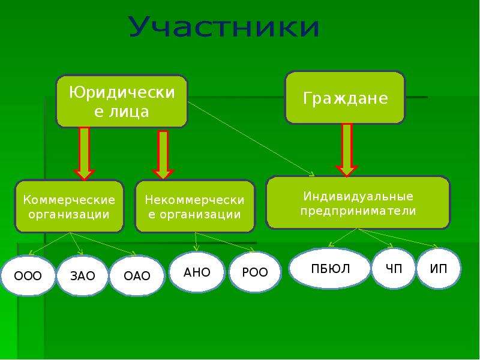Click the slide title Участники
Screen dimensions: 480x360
[224, 26]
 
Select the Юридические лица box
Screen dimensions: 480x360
[122, 101]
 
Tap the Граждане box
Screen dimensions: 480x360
[345, 98]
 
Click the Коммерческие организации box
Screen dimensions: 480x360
[69, 206]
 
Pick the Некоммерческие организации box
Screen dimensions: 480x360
[194, 206]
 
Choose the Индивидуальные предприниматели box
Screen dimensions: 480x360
[358, 203]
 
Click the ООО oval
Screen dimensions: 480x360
[28, 275]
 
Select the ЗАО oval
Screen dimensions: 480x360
[83, 275]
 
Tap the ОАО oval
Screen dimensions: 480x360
[137, 275]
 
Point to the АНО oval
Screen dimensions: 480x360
[197, 272]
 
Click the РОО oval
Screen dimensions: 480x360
[254, 272]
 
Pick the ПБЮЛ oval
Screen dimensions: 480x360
[330, 268]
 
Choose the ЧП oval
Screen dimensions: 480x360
[394, 268]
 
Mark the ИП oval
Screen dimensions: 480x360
[439, 268]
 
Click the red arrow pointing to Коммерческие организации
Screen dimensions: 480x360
[84, 154]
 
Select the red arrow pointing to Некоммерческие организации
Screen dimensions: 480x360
[163, 155]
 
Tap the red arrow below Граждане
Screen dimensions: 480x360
[347, 150]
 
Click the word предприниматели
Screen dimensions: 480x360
[358, 211]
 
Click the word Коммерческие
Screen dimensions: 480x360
[69, 200]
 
